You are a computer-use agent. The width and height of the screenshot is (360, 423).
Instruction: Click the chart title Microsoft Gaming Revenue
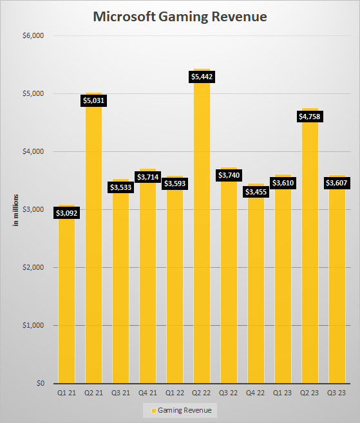click(180, 17)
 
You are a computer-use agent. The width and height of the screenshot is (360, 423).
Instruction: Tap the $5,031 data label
click(93, 100)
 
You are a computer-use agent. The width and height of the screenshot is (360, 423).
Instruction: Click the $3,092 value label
click(66, 212)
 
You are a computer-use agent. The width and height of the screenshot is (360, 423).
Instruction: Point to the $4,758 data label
click(310, 117)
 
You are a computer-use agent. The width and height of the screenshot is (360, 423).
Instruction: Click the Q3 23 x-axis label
click(337, 392)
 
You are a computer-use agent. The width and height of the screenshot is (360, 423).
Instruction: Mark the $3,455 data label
click(256, 192)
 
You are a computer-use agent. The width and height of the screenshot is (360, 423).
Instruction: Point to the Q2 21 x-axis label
click(93, 392)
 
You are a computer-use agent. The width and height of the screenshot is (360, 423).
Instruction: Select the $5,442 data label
click(202, 77)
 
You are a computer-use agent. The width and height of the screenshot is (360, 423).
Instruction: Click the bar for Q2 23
click(310, 258)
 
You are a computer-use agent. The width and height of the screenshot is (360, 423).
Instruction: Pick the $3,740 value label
click(229, 175)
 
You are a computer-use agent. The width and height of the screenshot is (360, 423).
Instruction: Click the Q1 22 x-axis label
click(175, 392)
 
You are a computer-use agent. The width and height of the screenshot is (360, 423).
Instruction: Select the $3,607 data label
click(337, 183)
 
